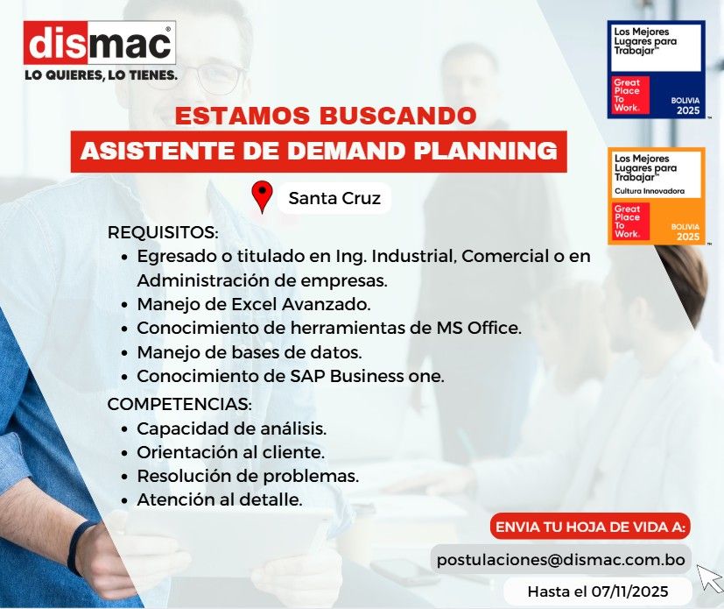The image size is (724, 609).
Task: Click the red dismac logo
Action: (101, 43)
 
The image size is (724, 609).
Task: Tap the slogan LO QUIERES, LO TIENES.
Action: (101, 75)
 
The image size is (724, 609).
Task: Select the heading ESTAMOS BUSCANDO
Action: (326, 117)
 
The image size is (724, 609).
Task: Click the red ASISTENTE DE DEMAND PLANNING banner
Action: (319, 151)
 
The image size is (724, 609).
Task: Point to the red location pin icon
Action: (262, 197)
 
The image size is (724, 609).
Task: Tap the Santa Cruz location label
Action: (334, 199)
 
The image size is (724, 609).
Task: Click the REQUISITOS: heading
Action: (162, 233)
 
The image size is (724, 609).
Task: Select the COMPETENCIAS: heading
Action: (179, 405)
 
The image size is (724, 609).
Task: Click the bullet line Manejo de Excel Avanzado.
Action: (254, 305)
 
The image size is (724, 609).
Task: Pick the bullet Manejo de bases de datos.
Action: (250, 353)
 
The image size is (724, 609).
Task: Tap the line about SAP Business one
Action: (291, 377)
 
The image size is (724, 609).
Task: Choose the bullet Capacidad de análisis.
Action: (232, 429)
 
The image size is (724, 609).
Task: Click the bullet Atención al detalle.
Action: (220, 500)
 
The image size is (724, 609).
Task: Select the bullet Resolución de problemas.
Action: (248, 477)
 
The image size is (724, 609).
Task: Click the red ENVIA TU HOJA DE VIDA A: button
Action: (591, 528)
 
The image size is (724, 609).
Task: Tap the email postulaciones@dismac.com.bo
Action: (561, 559)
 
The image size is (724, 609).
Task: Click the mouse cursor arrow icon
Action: (708, 577)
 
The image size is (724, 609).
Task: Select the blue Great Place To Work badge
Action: (656, 69)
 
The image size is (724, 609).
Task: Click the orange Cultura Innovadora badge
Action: (656, 196)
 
